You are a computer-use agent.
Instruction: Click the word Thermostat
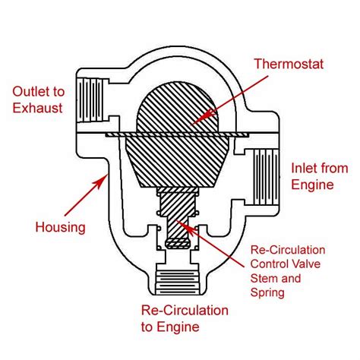click(x=289, y=64)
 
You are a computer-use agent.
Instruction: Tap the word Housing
click(x=60, y=227)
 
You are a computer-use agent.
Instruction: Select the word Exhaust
click(x=37, y=108)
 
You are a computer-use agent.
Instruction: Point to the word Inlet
click(x=303, y=169)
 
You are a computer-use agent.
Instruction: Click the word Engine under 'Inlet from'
click(x=312, y=185)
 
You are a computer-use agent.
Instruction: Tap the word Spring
click(x=267, y=293)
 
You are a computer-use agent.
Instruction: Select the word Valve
click(x=306, y=264)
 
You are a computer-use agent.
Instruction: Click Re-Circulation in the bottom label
click(x=185, y=311)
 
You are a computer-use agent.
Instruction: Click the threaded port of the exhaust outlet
click(x=90, y=99)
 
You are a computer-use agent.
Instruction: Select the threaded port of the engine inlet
click(x=266, y=177)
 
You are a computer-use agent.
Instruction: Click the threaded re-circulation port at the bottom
click(x=177, y=283)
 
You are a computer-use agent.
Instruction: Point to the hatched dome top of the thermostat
click(x=177, y=107)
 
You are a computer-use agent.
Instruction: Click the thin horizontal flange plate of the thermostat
click(x=177, y=135)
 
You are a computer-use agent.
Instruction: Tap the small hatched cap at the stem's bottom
click(x=178, y=243)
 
